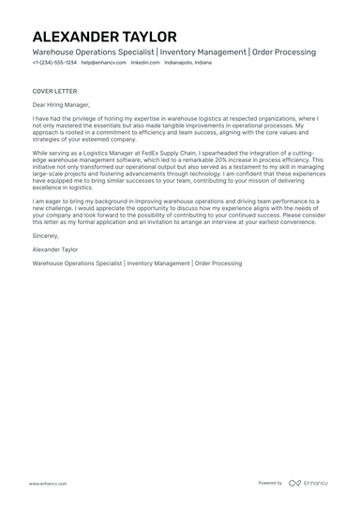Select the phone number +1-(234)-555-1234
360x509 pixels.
coord(53,65)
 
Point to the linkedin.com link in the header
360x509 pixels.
coord(145,65)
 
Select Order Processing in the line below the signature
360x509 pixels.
coord(219,265)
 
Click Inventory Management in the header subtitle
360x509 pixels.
coord(201,52)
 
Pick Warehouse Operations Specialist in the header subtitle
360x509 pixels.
coord(91,52)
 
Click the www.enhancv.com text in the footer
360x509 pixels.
coord(46,483)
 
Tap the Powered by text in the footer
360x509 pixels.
coord(270,483)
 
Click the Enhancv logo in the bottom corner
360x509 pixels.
coord(309,483)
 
